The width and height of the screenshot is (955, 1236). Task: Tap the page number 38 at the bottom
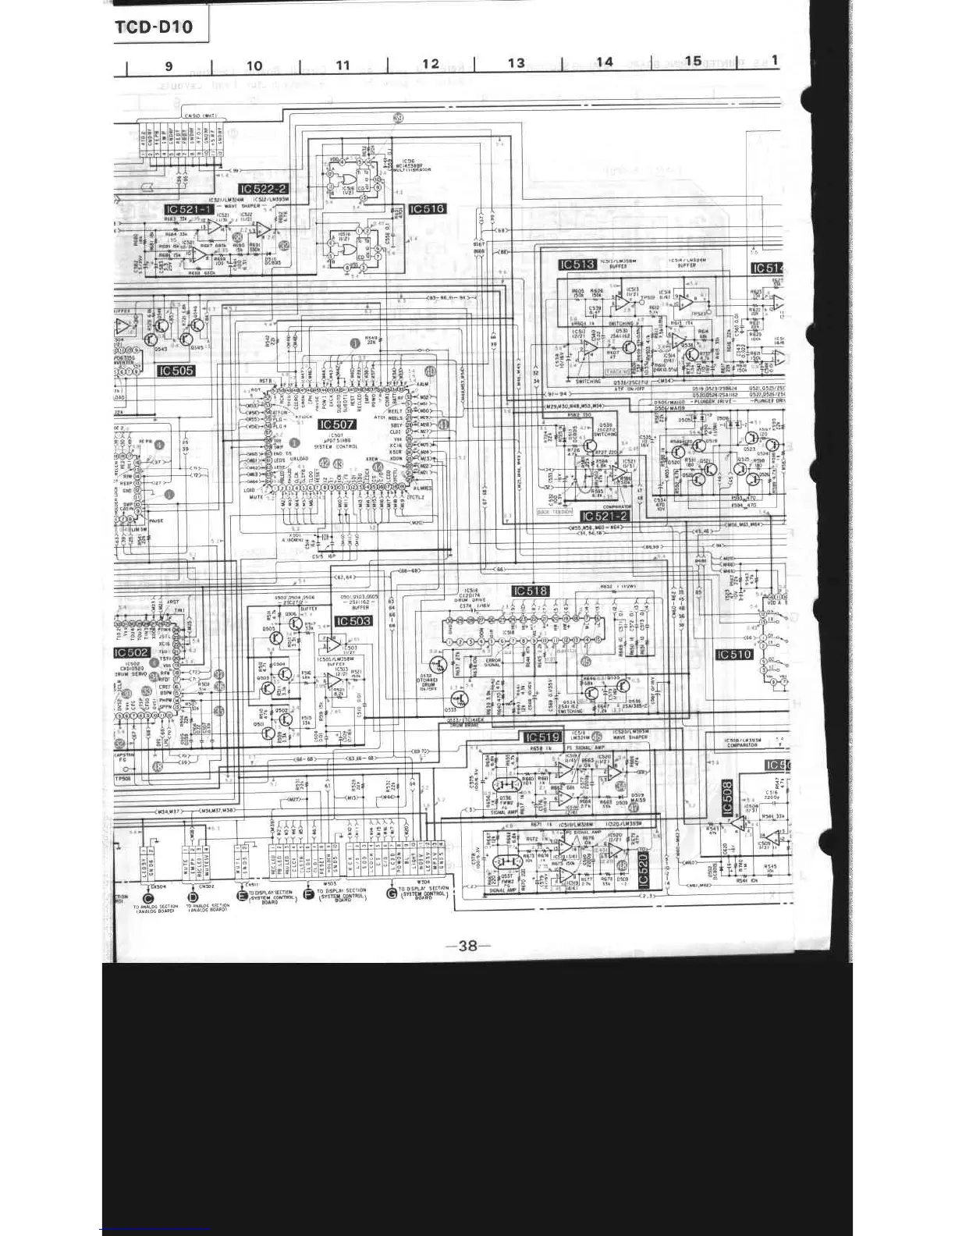tap(467, 946)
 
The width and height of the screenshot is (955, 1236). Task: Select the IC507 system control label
tap(336, 424)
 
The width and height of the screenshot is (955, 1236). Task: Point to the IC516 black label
tap(427, 209)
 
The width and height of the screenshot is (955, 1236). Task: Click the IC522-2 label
tap(264, 189)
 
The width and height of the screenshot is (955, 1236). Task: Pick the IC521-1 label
tap(189, 210)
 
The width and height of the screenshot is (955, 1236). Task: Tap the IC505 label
tap(176, 371)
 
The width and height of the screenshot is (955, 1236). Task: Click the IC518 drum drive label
tap(531, 591)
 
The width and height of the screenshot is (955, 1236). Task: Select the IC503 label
tap(353, 621)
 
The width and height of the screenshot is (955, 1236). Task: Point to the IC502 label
tap(132, 652)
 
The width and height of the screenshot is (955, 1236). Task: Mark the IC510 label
tap(734, 655)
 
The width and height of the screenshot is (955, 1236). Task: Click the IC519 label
tap(542, 737)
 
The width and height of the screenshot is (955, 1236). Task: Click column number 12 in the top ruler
tap(430, 64)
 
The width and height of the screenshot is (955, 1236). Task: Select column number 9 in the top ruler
tap(169, 66)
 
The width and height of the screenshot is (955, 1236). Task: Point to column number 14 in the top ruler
tap(604, 62)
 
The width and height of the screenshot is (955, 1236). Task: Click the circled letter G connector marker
tap(391, 893)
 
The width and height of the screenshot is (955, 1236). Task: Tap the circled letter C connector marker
tap(149, 897)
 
